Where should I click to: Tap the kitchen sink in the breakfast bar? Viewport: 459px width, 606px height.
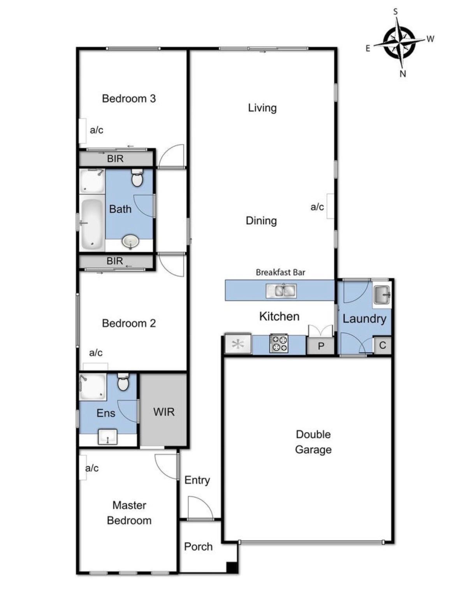(x=281, y=291)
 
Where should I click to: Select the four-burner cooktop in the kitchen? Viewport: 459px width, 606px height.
(x=279, y=343)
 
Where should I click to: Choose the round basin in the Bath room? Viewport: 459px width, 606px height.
(x=130, y=242)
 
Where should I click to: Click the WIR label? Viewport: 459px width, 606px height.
(x=164, y=412)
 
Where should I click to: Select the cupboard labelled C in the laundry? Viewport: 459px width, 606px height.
(x=382, y=345)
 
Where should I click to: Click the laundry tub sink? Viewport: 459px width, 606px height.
(x=382, y=295)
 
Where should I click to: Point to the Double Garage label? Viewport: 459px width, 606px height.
(x=313, y=442)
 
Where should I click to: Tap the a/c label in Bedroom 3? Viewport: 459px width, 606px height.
(x=97, y=130)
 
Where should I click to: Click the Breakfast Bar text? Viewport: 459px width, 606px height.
(x=280, y=272)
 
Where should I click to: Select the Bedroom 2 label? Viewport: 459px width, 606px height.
(x=129, y=323)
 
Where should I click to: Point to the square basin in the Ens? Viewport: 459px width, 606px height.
(x=107, y=436)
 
